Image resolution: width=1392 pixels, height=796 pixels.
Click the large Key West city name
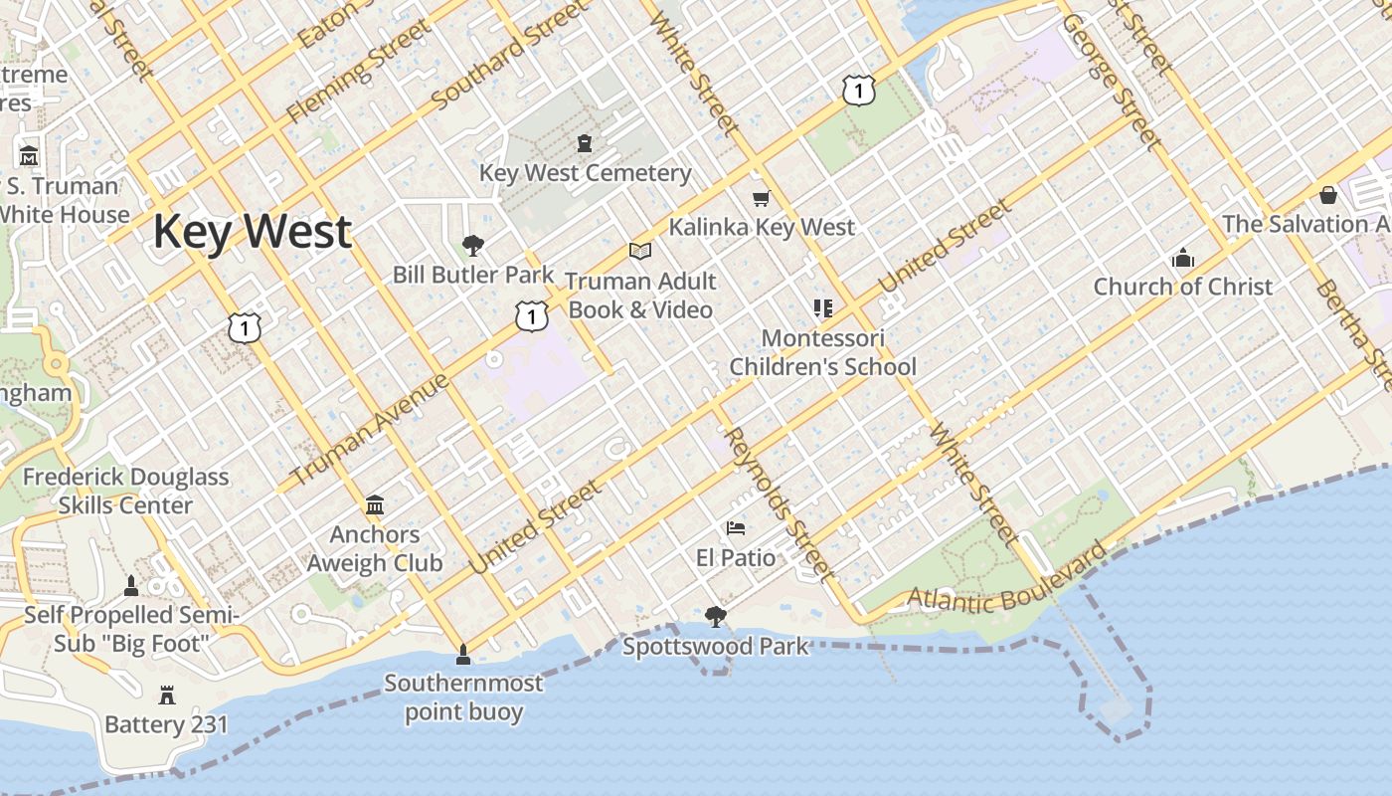(x=252, y=232)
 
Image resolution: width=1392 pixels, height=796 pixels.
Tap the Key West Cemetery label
(x=585, y=173)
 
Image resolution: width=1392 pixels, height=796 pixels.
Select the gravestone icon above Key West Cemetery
(x=585, y=143)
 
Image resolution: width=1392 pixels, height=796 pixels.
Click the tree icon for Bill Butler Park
(x=473, y=245)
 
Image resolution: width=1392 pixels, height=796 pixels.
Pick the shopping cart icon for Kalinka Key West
(x=762, y=199)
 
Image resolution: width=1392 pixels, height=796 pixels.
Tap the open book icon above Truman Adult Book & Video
(x=640, y=252)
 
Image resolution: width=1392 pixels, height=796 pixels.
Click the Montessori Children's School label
(x=822, y=352)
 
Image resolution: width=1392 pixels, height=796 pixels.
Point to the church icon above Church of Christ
(x=1183, y=259)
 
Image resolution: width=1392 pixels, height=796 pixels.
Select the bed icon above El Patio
(x=736, y=527)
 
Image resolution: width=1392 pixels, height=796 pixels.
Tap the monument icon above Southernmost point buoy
(x=462, y=655)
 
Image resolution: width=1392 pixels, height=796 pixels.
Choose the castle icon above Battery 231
(x=167, y=695)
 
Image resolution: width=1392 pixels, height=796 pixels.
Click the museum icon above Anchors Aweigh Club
(x=375, y=505)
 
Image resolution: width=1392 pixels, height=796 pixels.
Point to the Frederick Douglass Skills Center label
(x=125, y=492)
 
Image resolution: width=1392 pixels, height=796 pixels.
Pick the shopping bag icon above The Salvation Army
(x=1328, y=195)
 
